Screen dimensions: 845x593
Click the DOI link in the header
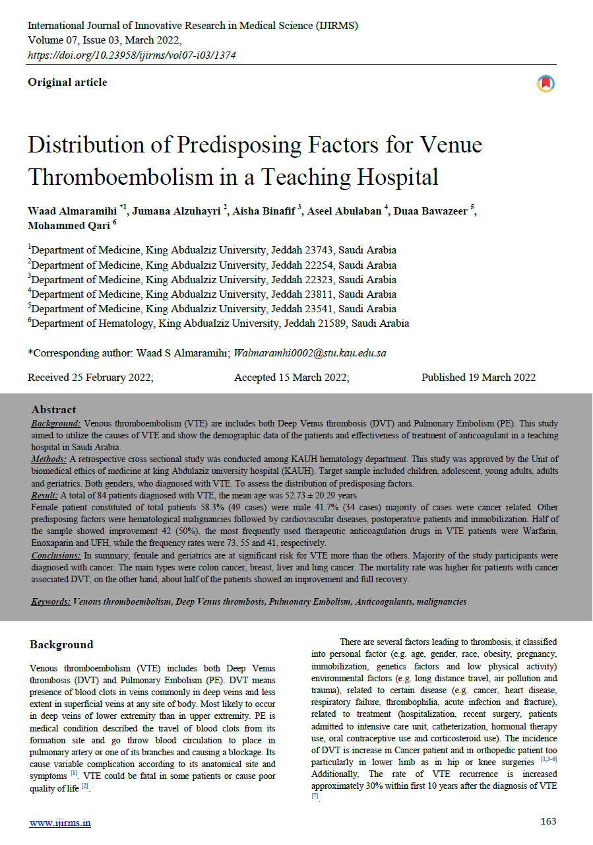point(132,55)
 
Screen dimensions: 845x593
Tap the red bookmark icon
point(546,84)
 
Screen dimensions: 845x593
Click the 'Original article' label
point(67,83)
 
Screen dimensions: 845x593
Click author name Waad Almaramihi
point(73,211)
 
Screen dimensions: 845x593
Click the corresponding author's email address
point(310,353)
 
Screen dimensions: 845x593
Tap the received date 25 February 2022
point(90,378)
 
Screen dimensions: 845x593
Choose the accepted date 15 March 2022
point(292,378)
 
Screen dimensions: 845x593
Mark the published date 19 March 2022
point(478,378)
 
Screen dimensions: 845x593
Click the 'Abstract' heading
point(54,409)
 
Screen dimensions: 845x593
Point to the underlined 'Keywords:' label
point(51,602)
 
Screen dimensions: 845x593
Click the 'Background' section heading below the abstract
point(61,645)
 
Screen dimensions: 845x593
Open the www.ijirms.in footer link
point(60,823)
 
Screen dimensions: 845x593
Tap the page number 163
point(548,822)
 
